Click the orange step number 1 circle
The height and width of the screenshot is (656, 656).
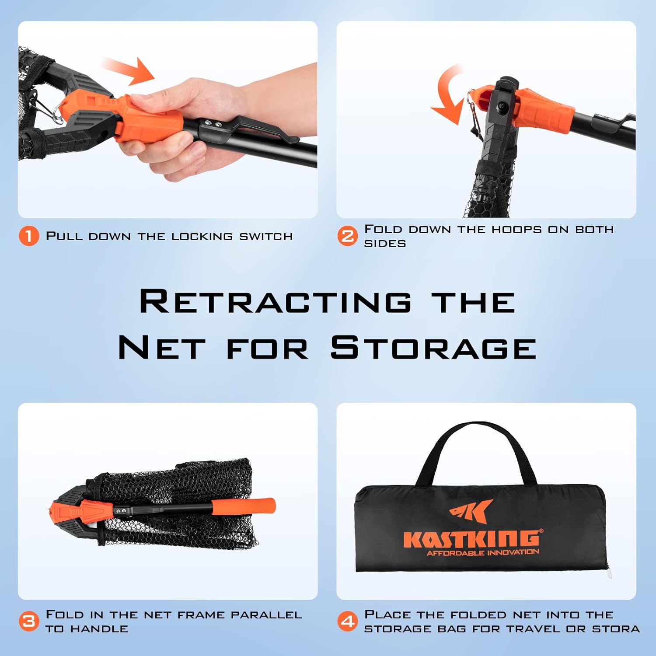29,236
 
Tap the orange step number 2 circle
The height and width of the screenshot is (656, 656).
348,236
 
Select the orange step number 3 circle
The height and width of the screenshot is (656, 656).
29,621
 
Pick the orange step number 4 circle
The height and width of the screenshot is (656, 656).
348,621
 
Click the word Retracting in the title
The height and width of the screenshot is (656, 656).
276,302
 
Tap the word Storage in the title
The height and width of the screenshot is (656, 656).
433,348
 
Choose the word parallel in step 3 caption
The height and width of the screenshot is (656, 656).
266,614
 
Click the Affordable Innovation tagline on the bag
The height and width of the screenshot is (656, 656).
483,553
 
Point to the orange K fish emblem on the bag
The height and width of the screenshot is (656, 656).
471,511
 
